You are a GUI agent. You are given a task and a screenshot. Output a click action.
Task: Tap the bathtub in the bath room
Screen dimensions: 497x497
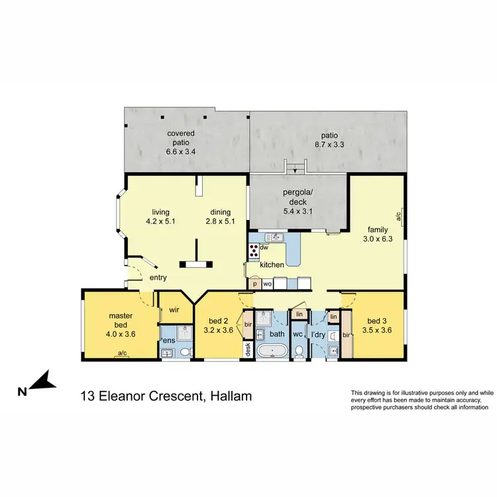click(272, 351)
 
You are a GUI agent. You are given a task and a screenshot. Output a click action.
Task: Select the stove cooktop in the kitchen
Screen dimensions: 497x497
click(254, 250)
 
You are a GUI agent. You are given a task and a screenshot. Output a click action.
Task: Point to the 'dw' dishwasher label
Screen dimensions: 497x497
click(264, 247)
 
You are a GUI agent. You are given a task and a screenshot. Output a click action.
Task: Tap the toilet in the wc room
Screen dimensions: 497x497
click(298, 350)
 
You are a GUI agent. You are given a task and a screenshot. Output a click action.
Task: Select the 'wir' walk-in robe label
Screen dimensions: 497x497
click(175, 309)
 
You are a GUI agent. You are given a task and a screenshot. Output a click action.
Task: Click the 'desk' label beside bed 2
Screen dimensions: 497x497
click(248, 349)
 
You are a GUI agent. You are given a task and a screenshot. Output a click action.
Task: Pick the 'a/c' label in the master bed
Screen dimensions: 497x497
click(122, 354)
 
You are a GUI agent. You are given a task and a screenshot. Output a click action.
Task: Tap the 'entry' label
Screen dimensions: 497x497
click(158, 278)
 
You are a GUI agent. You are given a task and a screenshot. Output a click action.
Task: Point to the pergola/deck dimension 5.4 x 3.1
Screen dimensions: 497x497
click(298, 211)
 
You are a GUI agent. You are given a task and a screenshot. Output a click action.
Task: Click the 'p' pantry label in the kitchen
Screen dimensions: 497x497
click(255, 283)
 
